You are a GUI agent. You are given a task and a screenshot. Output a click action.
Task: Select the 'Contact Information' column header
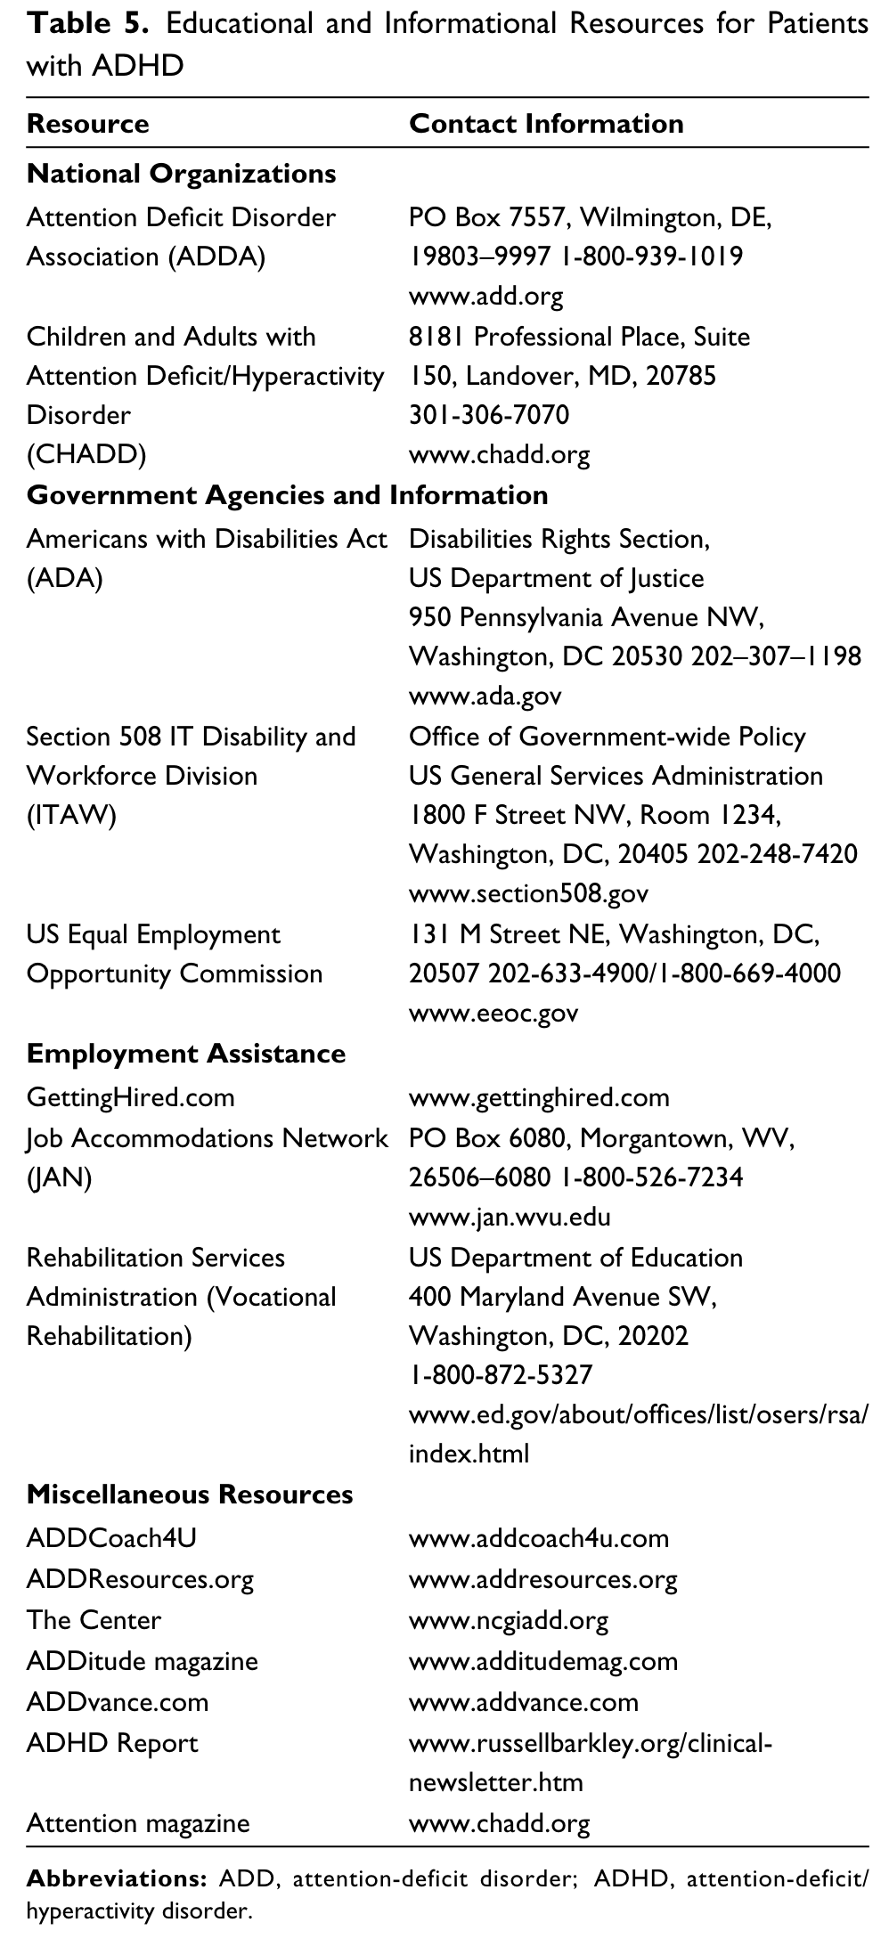tap(545, 123)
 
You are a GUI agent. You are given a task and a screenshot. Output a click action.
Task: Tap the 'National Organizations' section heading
tap(181, 173)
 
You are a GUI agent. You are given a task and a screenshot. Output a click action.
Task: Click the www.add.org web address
tap(485, 296)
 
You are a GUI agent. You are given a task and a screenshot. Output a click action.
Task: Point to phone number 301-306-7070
tap(488, 415)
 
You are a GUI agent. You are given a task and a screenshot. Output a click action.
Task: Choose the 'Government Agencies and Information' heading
tap(287, 494)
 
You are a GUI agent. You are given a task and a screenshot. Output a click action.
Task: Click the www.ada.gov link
tap(485, 696)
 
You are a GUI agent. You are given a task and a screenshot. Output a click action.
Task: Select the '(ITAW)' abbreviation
tap(71, 815)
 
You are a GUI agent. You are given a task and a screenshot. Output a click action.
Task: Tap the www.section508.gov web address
tap(528, 893)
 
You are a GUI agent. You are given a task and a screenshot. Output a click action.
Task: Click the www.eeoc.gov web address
tap(493, 1013)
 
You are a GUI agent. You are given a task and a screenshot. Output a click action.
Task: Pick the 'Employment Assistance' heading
tap(185, 1054)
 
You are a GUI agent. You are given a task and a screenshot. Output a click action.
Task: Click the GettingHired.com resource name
tap(130, 1096)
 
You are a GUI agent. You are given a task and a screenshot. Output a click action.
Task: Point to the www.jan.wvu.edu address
tap(510, 1217)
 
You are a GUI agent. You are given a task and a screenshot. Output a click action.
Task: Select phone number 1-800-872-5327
tap(500, 1375)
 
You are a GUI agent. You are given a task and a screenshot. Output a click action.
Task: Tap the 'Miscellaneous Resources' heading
tap(190, 1494)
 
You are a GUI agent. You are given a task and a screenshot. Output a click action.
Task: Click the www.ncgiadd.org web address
tap(509, 1620)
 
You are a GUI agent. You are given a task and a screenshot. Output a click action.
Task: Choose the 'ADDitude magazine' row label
tap(142, 1661)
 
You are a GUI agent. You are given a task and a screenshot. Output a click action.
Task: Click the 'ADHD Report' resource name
tap(112, 1743)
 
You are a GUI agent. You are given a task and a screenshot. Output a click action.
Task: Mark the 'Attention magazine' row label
tap(138, 1823)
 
